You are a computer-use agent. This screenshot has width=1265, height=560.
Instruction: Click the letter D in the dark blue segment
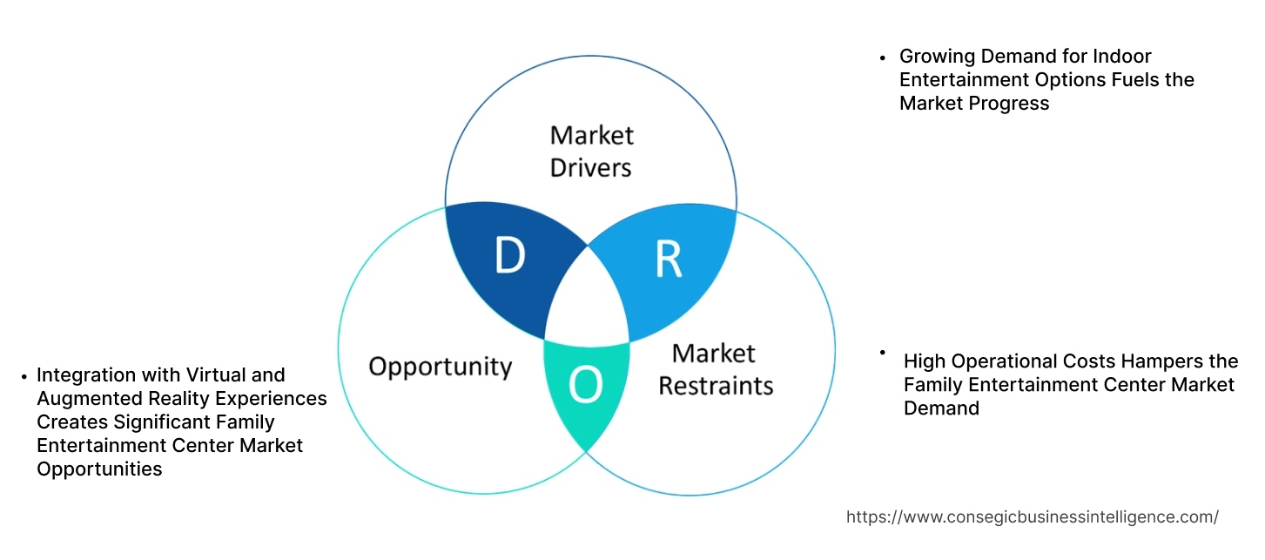tap(510, 256)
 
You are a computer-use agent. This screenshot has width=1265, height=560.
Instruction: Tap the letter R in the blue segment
tap(668, 259)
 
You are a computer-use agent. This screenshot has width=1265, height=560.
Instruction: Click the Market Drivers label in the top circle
tap(591, 151)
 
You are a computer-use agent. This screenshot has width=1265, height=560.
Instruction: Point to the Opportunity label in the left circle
tap(440, 366)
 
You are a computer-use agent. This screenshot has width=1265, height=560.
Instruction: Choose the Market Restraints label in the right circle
tap(715, 369)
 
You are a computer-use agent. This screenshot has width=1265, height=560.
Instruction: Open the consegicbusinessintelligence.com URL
tap(1032, 516)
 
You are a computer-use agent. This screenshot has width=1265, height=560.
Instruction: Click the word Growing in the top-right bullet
tap(937, 57)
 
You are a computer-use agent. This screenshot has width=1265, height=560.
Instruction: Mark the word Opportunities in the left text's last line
tap(99, 469)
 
